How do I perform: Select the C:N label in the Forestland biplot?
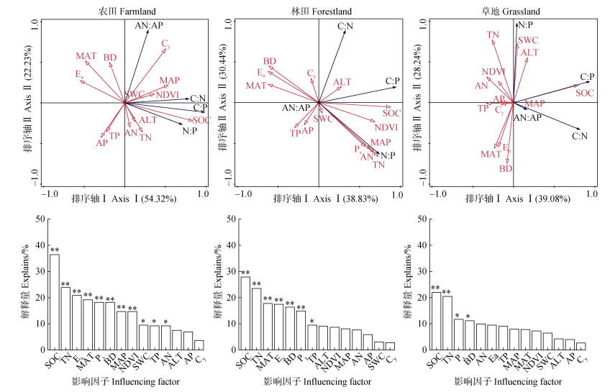(345, 27)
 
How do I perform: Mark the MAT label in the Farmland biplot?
(86, 56)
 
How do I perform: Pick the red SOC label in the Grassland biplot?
(583, 93)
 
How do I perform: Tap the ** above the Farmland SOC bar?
(54, 250)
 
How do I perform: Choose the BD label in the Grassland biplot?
(505, 168)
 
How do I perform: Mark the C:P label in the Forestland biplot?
(392, 81)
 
